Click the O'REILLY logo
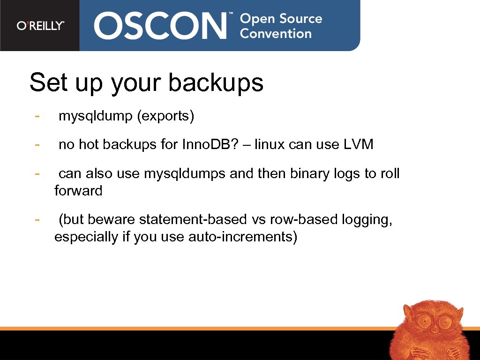coord(40,26)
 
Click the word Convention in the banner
coord(276,34)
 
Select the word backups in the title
coord(216,83)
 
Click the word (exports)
coord(165,116)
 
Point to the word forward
coord(78,191)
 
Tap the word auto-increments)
coord(243,237)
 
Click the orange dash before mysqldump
coord(37,115)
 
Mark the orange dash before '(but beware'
coord(37,218)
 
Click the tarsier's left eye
coord(424,322)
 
